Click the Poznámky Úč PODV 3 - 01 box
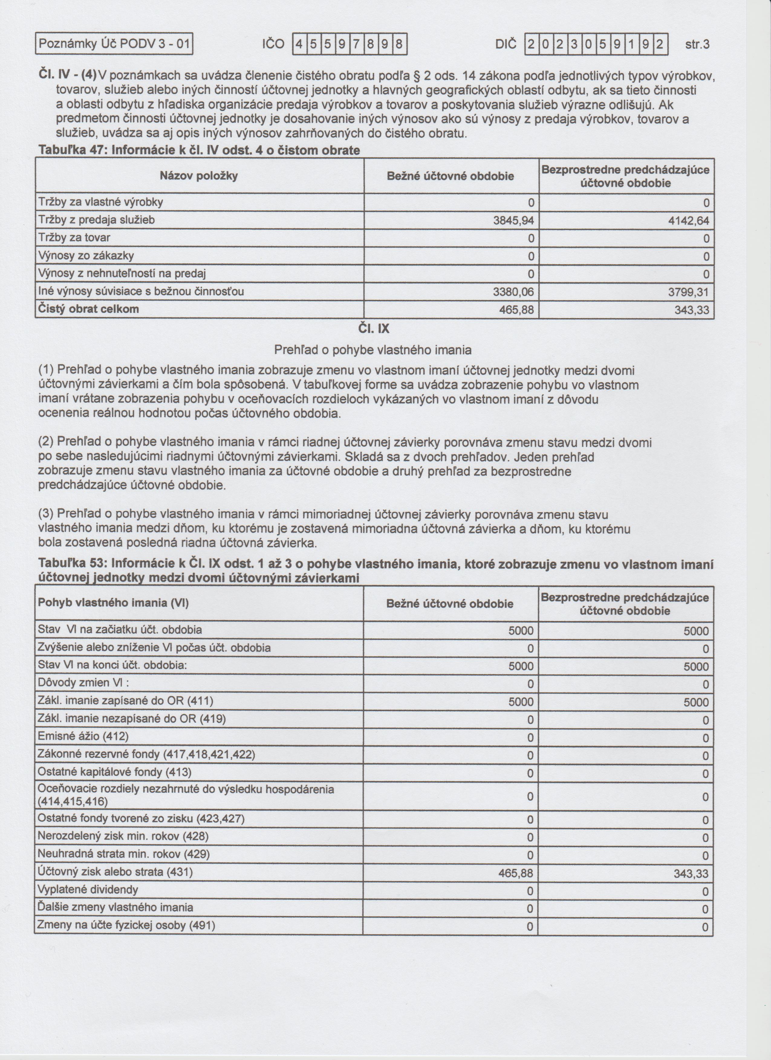(115, 44)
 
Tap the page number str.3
(697, 45)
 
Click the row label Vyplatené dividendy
(88, 890)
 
